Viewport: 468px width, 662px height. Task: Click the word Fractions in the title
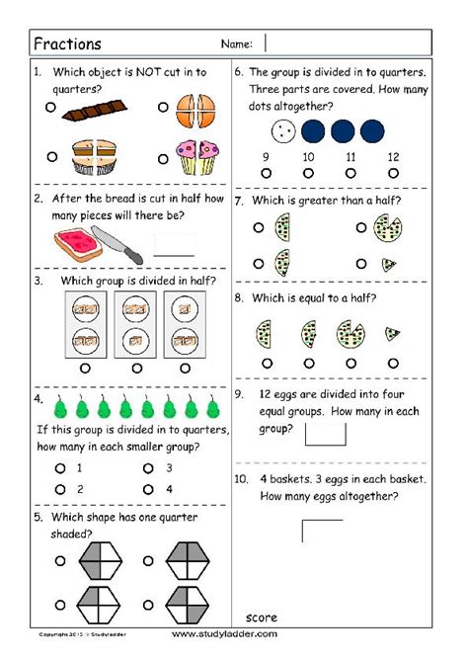[x=67, y=43]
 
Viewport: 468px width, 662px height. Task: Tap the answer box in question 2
[x=175, y=244]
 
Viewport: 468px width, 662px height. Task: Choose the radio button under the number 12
[x=394, y=172]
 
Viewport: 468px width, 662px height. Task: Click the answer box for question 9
[x=326, y=433]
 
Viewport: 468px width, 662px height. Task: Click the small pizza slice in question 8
[x=392, y=333]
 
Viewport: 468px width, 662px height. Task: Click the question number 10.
[x=242, y=478]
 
